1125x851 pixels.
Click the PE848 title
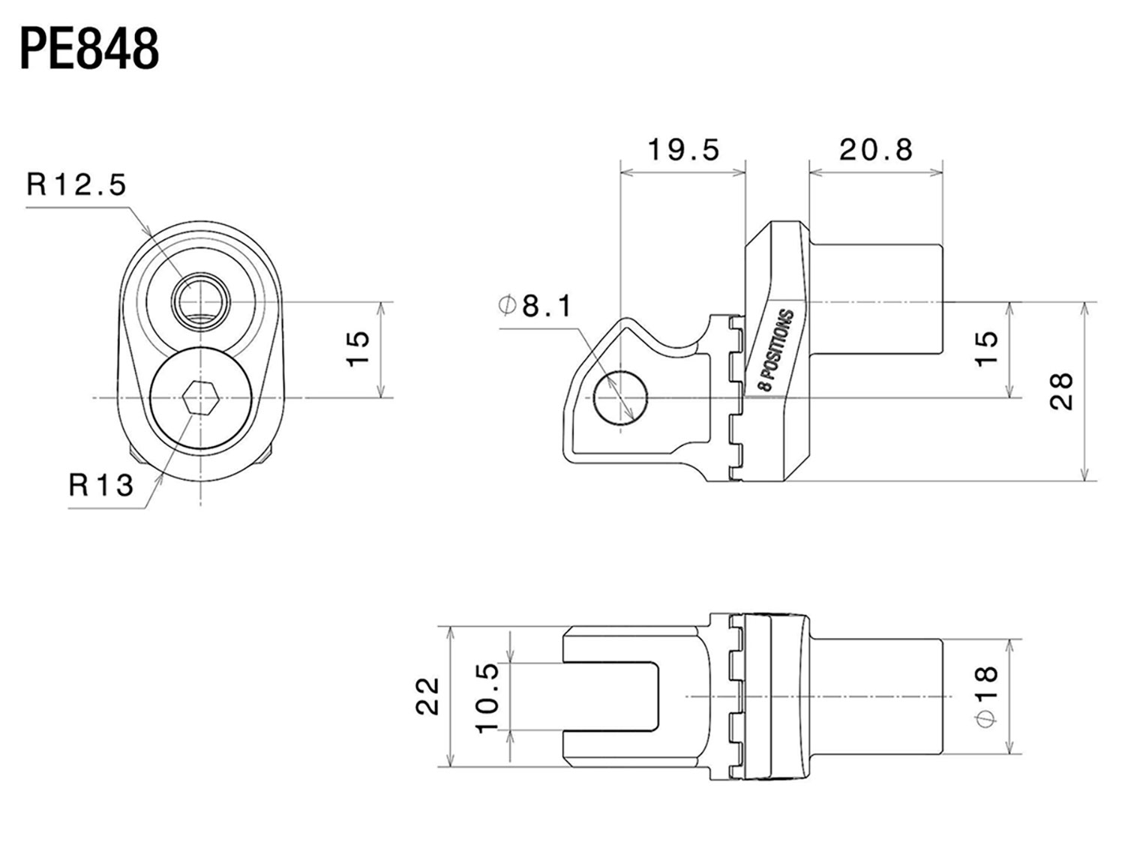[x=90, y=49]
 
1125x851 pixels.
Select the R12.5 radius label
[x=76, y=184]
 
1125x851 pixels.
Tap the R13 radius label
[x=101, y=484]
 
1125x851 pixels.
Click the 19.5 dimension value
[x=683, y=150]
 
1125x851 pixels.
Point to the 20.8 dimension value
[x=876, y=150]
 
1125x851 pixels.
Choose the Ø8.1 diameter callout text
[x=534, y=306]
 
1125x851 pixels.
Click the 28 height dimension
[x=1060, y=391]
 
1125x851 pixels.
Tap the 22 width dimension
[x=427, y=696]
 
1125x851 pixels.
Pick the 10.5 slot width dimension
[x=487, y=698]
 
